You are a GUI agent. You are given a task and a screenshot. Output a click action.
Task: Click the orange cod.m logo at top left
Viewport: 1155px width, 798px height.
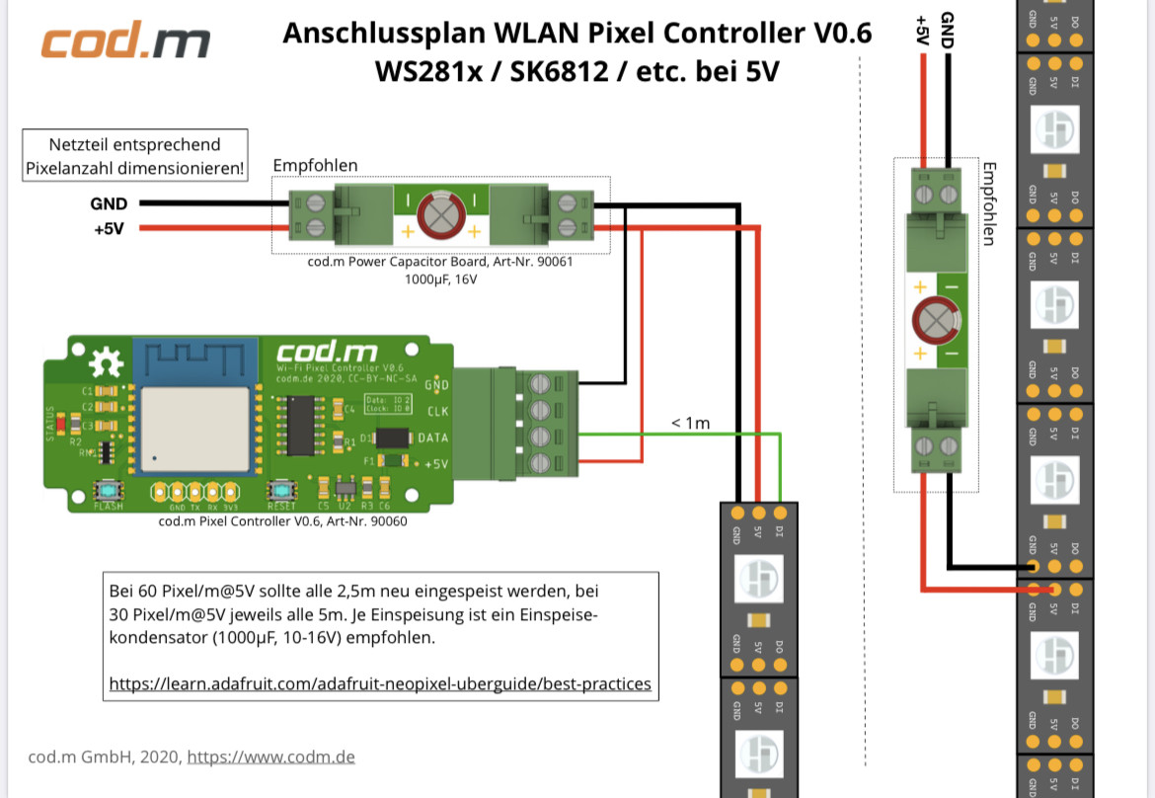pos(124,43)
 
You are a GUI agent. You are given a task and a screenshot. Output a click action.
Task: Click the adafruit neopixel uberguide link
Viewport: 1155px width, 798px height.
pos(380,683)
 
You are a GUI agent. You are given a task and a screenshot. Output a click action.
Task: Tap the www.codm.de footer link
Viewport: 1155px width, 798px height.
pos(270,758)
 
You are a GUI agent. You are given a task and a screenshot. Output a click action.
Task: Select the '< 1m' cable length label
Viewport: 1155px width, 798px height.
pos(690,424)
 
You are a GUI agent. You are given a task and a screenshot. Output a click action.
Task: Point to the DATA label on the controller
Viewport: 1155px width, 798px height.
pos(432,438)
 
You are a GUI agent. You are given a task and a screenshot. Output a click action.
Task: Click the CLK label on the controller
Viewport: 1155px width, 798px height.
pos(437,411)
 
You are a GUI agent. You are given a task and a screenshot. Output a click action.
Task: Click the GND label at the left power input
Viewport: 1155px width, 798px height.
pos(109,204)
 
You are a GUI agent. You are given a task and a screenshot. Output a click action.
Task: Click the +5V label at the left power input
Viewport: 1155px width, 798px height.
pos(109,229)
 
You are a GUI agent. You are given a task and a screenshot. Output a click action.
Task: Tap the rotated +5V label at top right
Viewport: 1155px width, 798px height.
pos(922,30)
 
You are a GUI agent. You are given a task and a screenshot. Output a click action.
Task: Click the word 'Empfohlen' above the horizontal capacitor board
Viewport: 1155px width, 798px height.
pos(315,166)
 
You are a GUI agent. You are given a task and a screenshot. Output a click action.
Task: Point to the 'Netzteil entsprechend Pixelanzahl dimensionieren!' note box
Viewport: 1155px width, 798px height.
pos(134,157)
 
